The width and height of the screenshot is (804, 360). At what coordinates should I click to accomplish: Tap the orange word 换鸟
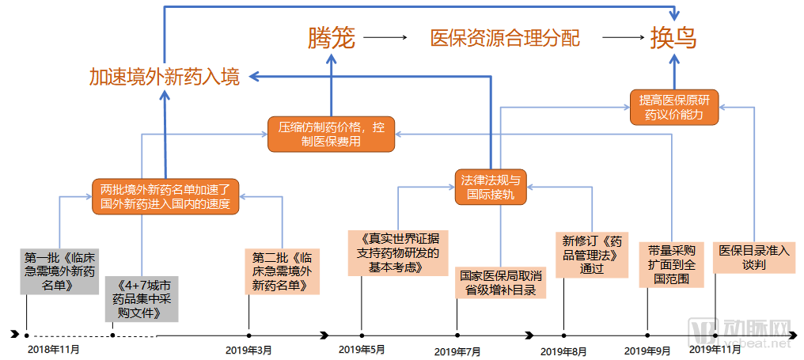(x=673, y=37)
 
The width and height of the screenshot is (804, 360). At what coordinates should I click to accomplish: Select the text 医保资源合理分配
(x=504, y=37)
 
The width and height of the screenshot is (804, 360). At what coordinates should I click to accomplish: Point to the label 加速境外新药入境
(x=164, y=78)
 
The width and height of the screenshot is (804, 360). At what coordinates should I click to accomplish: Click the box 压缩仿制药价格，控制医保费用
(x=331, y=134)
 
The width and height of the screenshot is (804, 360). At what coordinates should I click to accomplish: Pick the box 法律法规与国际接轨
(x=491, y=187)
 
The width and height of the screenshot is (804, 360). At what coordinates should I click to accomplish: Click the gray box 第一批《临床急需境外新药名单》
(x=60, y=271)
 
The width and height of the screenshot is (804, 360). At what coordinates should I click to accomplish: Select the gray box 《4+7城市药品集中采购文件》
(x=142, y=298)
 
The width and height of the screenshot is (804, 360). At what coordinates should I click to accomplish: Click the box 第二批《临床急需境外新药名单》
(x=283, y=271)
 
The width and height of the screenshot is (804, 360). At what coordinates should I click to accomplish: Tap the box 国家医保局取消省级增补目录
(x=501, y=283)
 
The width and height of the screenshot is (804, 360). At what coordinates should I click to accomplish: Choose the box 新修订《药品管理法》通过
(x=593, y=254)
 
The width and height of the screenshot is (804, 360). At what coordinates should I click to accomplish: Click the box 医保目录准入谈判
(x=753, y=257)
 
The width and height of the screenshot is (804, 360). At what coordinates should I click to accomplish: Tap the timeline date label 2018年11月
(x=53, y=348)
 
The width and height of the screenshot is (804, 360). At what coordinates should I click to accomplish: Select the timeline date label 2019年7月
(x=457, y=351)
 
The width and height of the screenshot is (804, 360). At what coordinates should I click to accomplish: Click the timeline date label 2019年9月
(x=647, y=350)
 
